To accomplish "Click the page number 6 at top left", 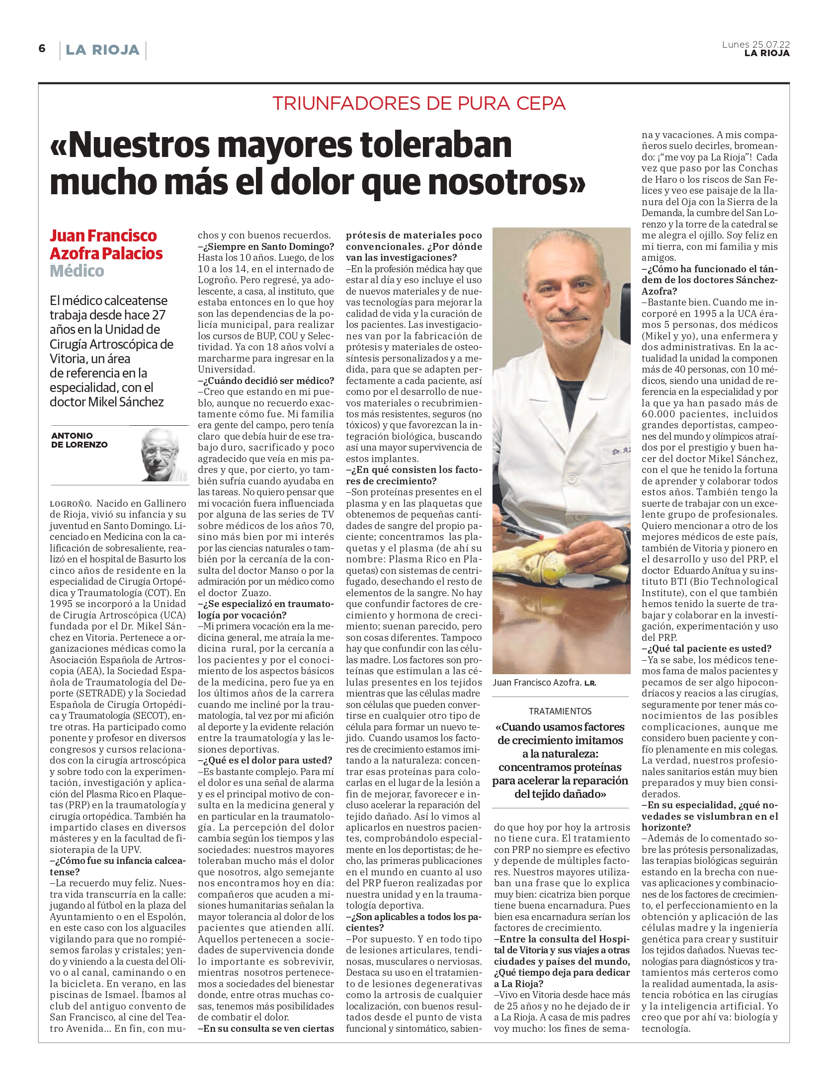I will (42, 48).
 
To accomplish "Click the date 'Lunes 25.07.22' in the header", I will (755, 44).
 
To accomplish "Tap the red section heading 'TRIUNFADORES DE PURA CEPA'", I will (418, 103).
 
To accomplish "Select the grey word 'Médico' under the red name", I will (77, 271).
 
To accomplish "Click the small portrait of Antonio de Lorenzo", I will (164, 454).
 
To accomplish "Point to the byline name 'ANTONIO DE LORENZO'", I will (79, 440).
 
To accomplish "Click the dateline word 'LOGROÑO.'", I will (71, 504).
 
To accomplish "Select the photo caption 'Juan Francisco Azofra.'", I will (537, 683).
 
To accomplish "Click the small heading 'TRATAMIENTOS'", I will (560, 711).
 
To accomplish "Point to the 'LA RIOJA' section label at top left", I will (102, 50).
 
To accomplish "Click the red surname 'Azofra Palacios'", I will (106, 253).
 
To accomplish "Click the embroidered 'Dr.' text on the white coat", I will (617, 453).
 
